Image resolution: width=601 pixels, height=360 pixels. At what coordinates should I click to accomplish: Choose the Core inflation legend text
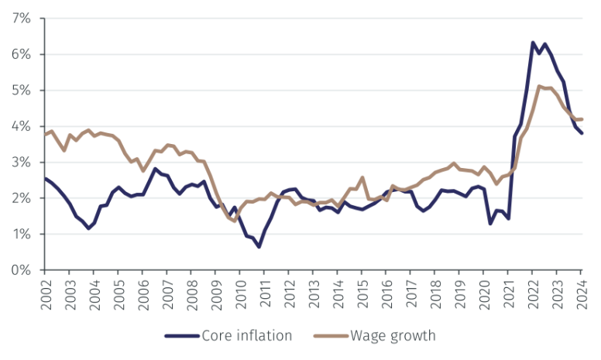(246, 335)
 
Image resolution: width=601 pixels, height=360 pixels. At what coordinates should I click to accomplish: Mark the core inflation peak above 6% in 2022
(533, 43)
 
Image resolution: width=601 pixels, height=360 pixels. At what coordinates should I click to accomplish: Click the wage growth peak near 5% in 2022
(539, 86)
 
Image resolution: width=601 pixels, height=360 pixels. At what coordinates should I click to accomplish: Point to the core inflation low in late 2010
(259, 246)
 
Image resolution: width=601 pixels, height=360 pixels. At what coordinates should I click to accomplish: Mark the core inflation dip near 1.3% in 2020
(490, 224)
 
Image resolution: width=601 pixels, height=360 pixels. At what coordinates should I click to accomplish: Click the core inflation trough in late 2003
(88, 228)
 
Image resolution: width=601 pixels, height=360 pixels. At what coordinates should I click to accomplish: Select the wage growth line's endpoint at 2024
(582, 119)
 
